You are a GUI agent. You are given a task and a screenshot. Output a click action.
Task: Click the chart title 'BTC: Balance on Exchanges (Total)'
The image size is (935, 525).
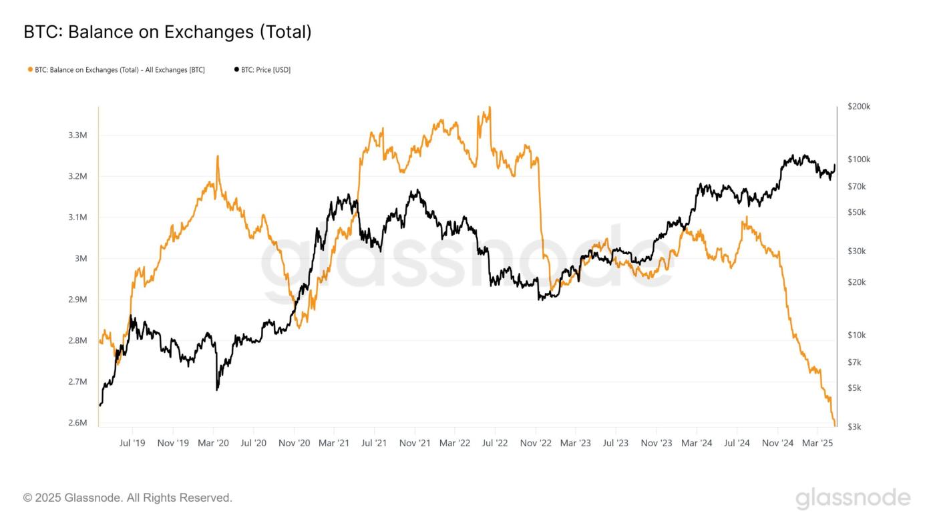pos(167,31)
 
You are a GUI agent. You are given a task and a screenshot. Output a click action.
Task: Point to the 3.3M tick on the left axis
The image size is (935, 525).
pos(78,135)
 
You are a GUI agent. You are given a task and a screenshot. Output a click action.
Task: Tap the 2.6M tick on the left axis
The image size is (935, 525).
pos(78,423)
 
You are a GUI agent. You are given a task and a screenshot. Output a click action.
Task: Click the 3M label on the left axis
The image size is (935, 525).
pos(81,259)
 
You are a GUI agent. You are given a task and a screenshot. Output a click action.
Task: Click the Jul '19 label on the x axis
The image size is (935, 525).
pos(132,443)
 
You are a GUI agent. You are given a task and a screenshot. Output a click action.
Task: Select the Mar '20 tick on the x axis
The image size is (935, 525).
pos(214,443)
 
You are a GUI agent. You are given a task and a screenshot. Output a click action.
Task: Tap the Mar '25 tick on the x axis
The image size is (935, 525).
pos(817,443)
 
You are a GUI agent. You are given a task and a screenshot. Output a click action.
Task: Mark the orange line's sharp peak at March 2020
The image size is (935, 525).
pos(217,157)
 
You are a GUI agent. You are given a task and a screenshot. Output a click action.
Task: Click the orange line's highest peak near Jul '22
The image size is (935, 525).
pos(490,107)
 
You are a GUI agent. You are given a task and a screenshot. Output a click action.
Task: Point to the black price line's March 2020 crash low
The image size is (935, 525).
pos(217,389)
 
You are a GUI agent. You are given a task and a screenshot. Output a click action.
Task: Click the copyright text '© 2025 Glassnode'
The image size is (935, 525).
pos(128,498)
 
